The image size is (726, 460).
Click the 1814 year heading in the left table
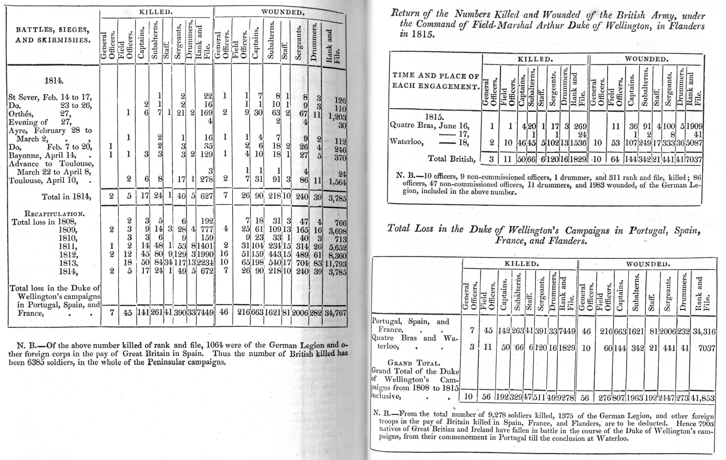click(54, 81)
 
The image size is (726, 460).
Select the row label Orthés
click(21, 114)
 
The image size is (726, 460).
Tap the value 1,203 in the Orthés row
click(337, 117)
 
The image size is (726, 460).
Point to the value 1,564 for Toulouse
click(337, 182)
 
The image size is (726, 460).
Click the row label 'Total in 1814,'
click(66, 196)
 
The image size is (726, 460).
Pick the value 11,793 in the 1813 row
click(336, 264)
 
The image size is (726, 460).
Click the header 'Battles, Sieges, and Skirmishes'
click(53, 35)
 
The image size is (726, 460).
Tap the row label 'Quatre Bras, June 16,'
click(429, 126)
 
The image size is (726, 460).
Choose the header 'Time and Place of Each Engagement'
click(436, 81)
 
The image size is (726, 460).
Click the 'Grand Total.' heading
click(413, 363)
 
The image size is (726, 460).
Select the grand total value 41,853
click(703, 398)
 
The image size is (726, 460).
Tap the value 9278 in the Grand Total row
click(566, 397)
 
